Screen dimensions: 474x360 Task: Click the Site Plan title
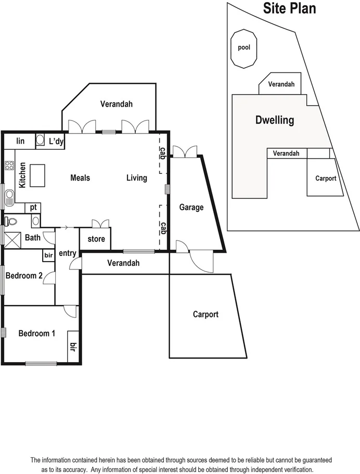[x=289, y=8]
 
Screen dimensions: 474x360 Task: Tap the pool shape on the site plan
[x=244, y=48]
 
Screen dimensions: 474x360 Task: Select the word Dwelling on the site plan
[x=275, y=120]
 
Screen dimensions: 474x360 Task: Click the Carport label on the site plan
[x=326, y=178]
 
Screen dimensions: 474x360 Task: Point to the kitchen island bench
[x=38, y=175]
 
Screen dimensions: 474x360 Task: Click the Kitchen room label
[x=22, y=175]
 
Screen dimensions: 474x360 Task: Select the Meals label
[x=80, y=178]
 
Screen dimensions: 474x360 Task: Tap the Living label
[x=137, y=178]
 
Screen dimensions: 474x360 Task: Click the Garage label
[x=191, y=207]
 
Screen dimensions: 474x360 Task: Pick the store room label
[x=96, y=239]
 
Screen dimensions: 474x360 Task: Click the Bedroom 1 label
[x=36, y=334]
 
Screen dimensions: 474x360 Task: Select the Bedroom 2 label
[x=24, y=276]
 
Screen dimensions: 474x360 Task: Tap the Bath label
[x=32, y=238]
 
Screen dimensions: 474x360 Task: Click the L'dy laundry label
[x=56, y=141]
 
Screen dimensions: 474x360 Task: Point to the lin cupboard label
[x=21, y=141]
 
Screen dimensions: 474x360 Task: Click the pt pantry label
[x=33, y=207]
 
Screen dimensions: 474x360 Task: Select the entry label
[x=68, y=253]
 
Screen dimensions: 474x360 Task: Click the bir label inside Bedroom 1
[x=73, y=347]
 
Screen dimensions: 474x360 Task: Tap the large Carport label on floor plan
[x=205, y=314]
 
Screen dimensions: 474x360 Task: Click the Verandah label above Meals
[x=117, y=104]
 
